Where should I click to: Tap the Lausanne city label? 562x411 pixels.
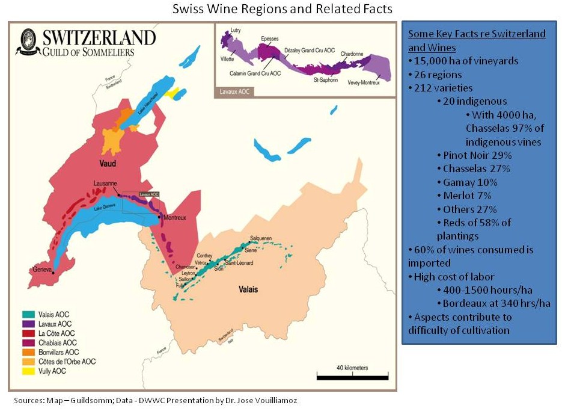point(105,184)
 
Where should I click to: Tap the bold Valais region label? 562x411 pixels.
point(246,289)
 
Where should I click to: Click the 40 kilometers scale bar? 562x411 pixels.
point(352,377)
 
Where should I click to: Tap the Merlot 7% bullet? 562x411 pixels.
point(466,196)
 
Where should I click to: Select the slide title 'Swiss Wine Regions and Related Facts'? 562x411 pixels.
point(281,10)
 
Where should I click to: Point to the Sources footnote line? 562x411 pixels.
point(156,400)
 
